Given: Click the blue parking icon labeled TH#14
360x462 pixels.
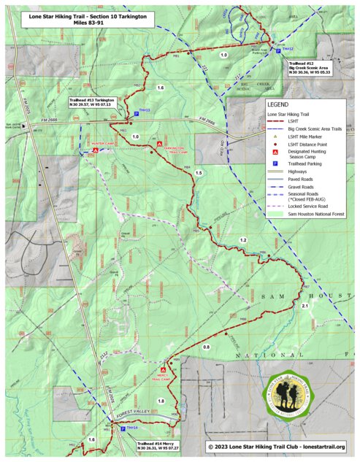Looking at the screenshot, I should [x=122, y=428].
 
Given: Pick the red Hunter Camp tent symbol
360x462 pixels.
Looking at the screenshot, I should [x=96, y=150].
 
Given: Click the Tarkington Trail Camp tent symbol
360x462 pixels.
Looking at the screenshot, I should [x=160, y=144].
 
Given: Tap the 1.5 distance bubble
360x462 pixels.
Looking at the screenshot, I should [x=199, y=173].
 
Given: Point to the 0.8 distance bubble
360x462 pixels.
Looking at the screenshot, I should [x=206, y=347].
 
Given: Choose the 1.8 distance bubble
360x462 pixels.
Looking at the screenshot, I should [x=161, y=401].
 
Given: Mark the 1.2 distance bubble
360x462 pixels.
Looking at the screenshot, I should [x=243, y=240].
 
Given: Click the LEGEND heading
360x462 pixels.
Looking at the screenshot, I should [x=278, y=104].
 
